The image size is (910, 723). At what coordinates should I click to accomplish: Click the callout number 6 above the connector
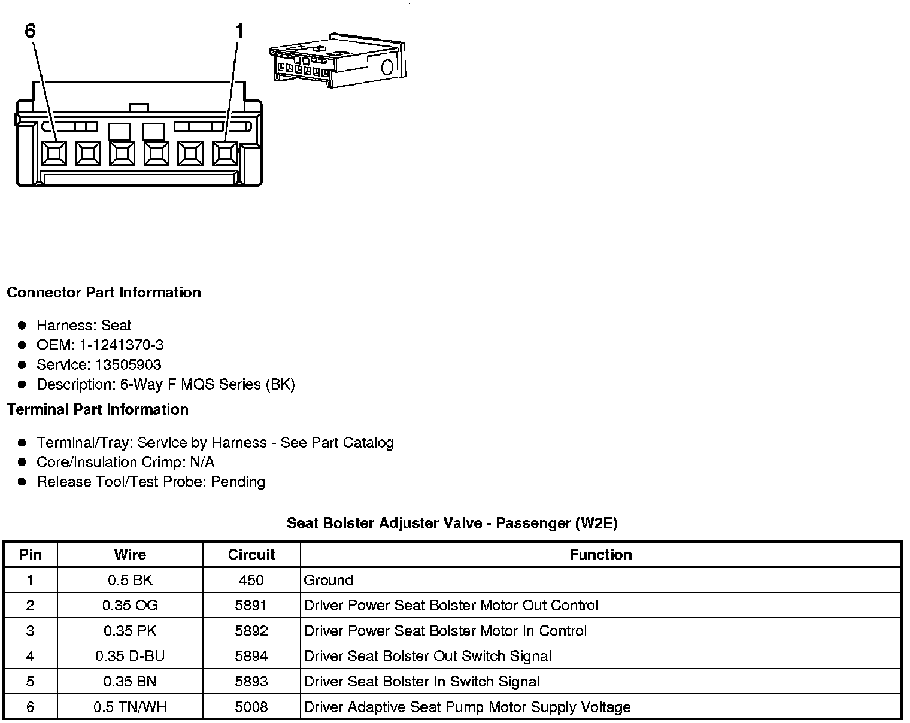pyautogui.click(x=31, y=31)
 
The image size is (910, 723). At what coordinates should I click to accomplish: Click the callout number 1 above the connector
pyautogui.click(x=239, y=31)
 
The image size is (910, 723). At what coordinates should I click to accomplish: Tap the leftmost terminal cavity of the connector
pyautogui.click(x=54, y=154)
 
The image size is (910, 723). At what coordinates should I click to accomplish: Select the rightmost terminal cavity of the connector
pyautogui.click(x=225, y=154)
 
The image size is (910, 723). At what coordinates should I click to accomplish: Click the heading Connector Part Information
pyautogui.click(x=104, y=293)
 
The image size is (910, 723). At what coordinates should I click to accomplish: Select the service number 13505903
pyautogui.click(x=129, y=364)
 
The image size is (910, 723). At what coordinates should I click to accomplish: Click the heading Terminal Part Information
pyautogui.click(x=98, y=409)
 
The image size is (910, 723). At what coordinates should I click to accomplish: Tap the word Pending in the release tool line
pyautogui.click(x=238, y=482)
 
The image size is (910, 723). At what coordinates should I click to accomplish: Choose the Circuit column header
pyautogui.click(x=251, y=555)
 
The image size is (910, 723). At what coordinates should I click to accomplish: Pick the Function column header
pyautogui.click(x=600, y=555)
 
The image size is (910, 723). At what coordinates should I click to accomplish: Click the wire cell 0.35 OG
pyautogui.click(x=130, y=606)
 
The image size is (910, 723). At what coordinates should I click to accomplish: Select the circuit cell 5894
pyautogui.click(x=251, y=657)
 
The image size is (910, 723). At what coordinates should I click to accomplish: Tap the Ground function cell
pyautogui.click(x=329, y=580)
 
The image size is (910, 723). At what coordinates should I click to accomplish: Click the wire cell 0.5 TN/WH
pyautogui.click(x=130, y=707)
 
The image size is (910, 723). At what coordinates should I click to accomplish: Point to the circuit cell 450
pyautogui.click(x=251, y=580)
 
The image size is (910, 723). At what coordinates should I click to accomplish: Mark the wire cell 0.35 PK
pyautogui.click(x=130, y=631)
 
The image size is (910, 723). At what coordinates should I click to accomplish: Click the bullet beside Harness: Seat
pyautogui.click(x=22, y=326)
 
